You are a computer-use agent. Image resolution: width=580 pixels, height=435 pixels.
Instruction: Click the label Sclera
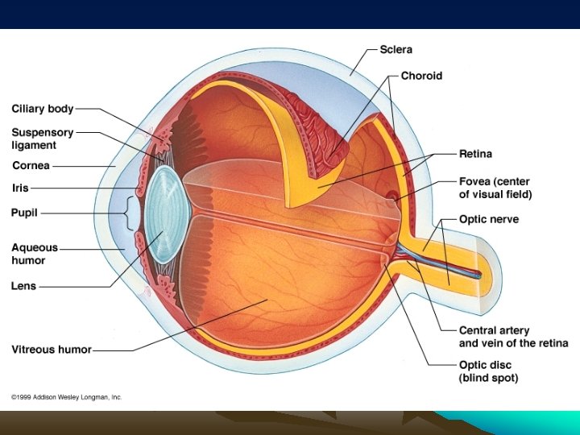point(396,50)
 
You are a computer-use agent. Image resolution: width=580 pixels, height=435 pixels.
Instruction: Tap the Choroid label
point(421,76)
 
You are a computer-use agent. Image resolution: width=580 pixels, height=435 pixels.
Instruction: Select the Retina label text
point(475,153)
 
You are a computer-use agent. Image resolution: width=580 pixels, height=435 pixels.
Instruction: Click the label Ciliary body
point(43,108)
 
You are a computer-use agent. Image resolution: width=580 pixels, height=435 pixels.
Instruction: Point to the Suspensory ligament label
point(42,139)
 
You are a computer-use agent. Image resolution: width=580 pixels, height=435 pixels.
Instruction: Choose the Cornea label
point(31,166)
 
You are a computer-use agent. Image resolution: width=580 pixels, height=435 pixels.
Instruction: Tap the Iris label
point(20,188)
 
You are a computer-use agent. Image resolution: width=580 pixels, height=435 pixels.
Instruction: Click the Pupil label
point(24,213)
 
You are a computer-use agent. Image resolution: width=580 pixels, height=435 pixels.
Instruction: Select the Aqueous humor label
point(35,254)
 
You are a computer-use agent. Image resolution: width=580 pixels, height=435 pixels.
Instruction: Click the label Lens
point(23,285)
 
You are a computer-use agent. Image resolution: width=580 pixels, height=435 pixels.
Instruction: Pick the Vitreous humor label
point(52,350)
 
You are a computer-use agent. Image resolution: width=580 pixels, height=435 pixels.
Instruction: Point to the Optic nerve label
point(489,219)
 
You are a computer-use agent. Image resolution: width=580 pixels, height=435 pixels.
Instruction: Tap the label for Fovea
point(495,188)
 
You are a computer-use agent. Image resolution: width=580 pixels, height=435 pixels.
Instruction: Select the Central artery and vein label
point(513,337)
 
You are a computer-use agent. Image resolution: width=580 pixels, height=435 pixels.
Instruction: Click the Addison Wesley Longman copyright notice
point(66,397)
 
